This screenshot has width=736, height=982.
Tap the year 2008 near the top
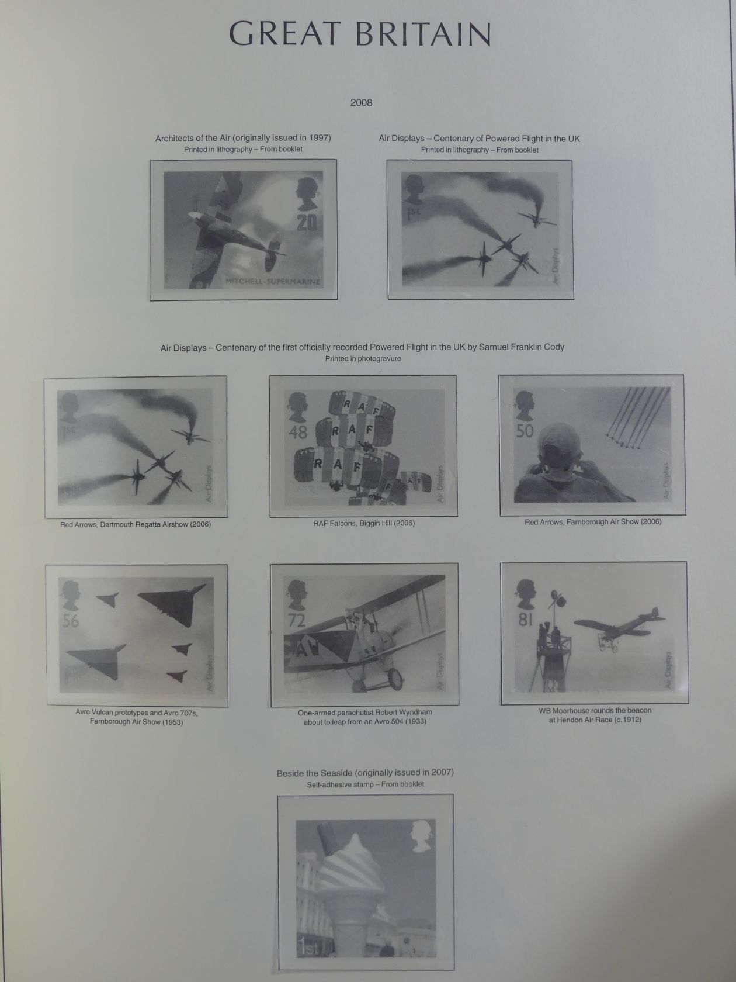(361, 103)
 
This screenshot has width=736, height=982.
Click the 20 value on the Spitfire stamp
(307, 222)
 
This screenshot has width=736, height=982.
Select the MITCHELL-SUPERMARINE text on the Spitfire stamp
(273, 282)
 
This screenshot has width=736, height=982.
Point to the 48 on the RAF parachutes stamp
(298, 431)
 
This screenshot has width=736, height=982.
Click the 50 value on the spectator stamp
(525, 431)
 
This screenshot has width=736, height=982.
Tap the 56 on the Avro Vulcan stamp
(71, 620)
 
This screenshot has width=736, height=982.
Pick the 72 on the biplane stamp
(297, 620)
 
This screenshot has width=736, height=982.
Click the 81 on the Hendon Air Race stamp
(525, 619)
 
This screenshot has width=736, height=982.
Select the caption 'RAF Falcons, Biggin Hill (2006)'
(364, 523)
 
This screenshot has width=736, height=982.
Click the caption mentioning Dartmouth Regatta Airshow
(136, 524)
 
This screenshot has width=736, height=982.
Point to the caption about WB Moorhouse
(595, 715)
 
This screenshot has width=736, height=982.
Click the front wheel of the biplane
(395, 679)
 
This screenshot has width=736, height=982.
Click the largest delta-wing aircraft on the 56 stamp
(172, 604)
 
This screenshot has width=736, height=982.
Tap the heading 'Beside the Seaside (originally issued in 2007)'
(365, 773)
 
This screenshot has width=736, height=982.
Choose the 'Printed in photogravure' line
(363, 358)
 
